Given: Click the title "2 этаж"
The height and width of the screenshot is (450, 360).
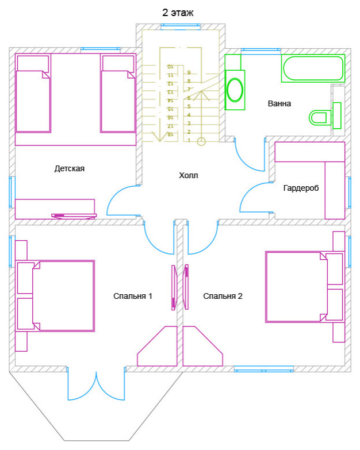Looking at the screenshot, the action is tap(178, 13).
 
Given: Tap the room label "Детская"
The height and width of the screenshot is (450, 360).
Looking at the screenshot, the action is tap(70, 168).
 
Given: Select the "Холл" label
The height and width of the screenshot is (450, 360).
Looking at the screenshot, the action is tap(188, 175).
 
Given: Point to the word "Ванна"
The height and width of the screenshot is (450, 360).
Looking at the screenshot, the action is tap(279, 103).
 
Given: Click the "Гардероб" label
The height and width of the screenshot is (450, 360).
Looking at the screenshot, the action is tap(301, 189).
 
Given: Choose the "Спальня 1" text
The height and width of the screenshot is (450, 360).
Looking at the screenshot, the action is tap(133, 296).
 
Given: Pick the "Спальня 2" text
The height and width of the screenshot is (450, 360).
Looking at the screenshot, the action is tap(223, 296).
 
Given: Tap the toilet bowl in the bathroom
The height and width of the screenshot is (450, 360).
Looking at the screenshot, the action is tap(318, 118).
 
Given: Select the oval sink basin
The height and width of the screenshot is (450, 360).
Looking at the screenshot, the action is tap(235, 90).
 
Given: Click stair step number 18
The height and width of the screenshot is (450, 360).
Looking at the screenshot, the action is tap(170, 134).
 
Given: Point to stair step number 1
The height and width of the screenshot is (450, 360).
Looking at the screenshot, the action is tap(189, 141).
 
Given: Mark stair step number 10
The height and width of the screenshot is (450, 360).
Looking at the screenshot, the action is tap(170, 67).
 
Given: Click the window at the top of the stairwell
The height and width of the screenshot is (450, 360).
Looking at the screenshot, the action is tap(181, 26).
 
